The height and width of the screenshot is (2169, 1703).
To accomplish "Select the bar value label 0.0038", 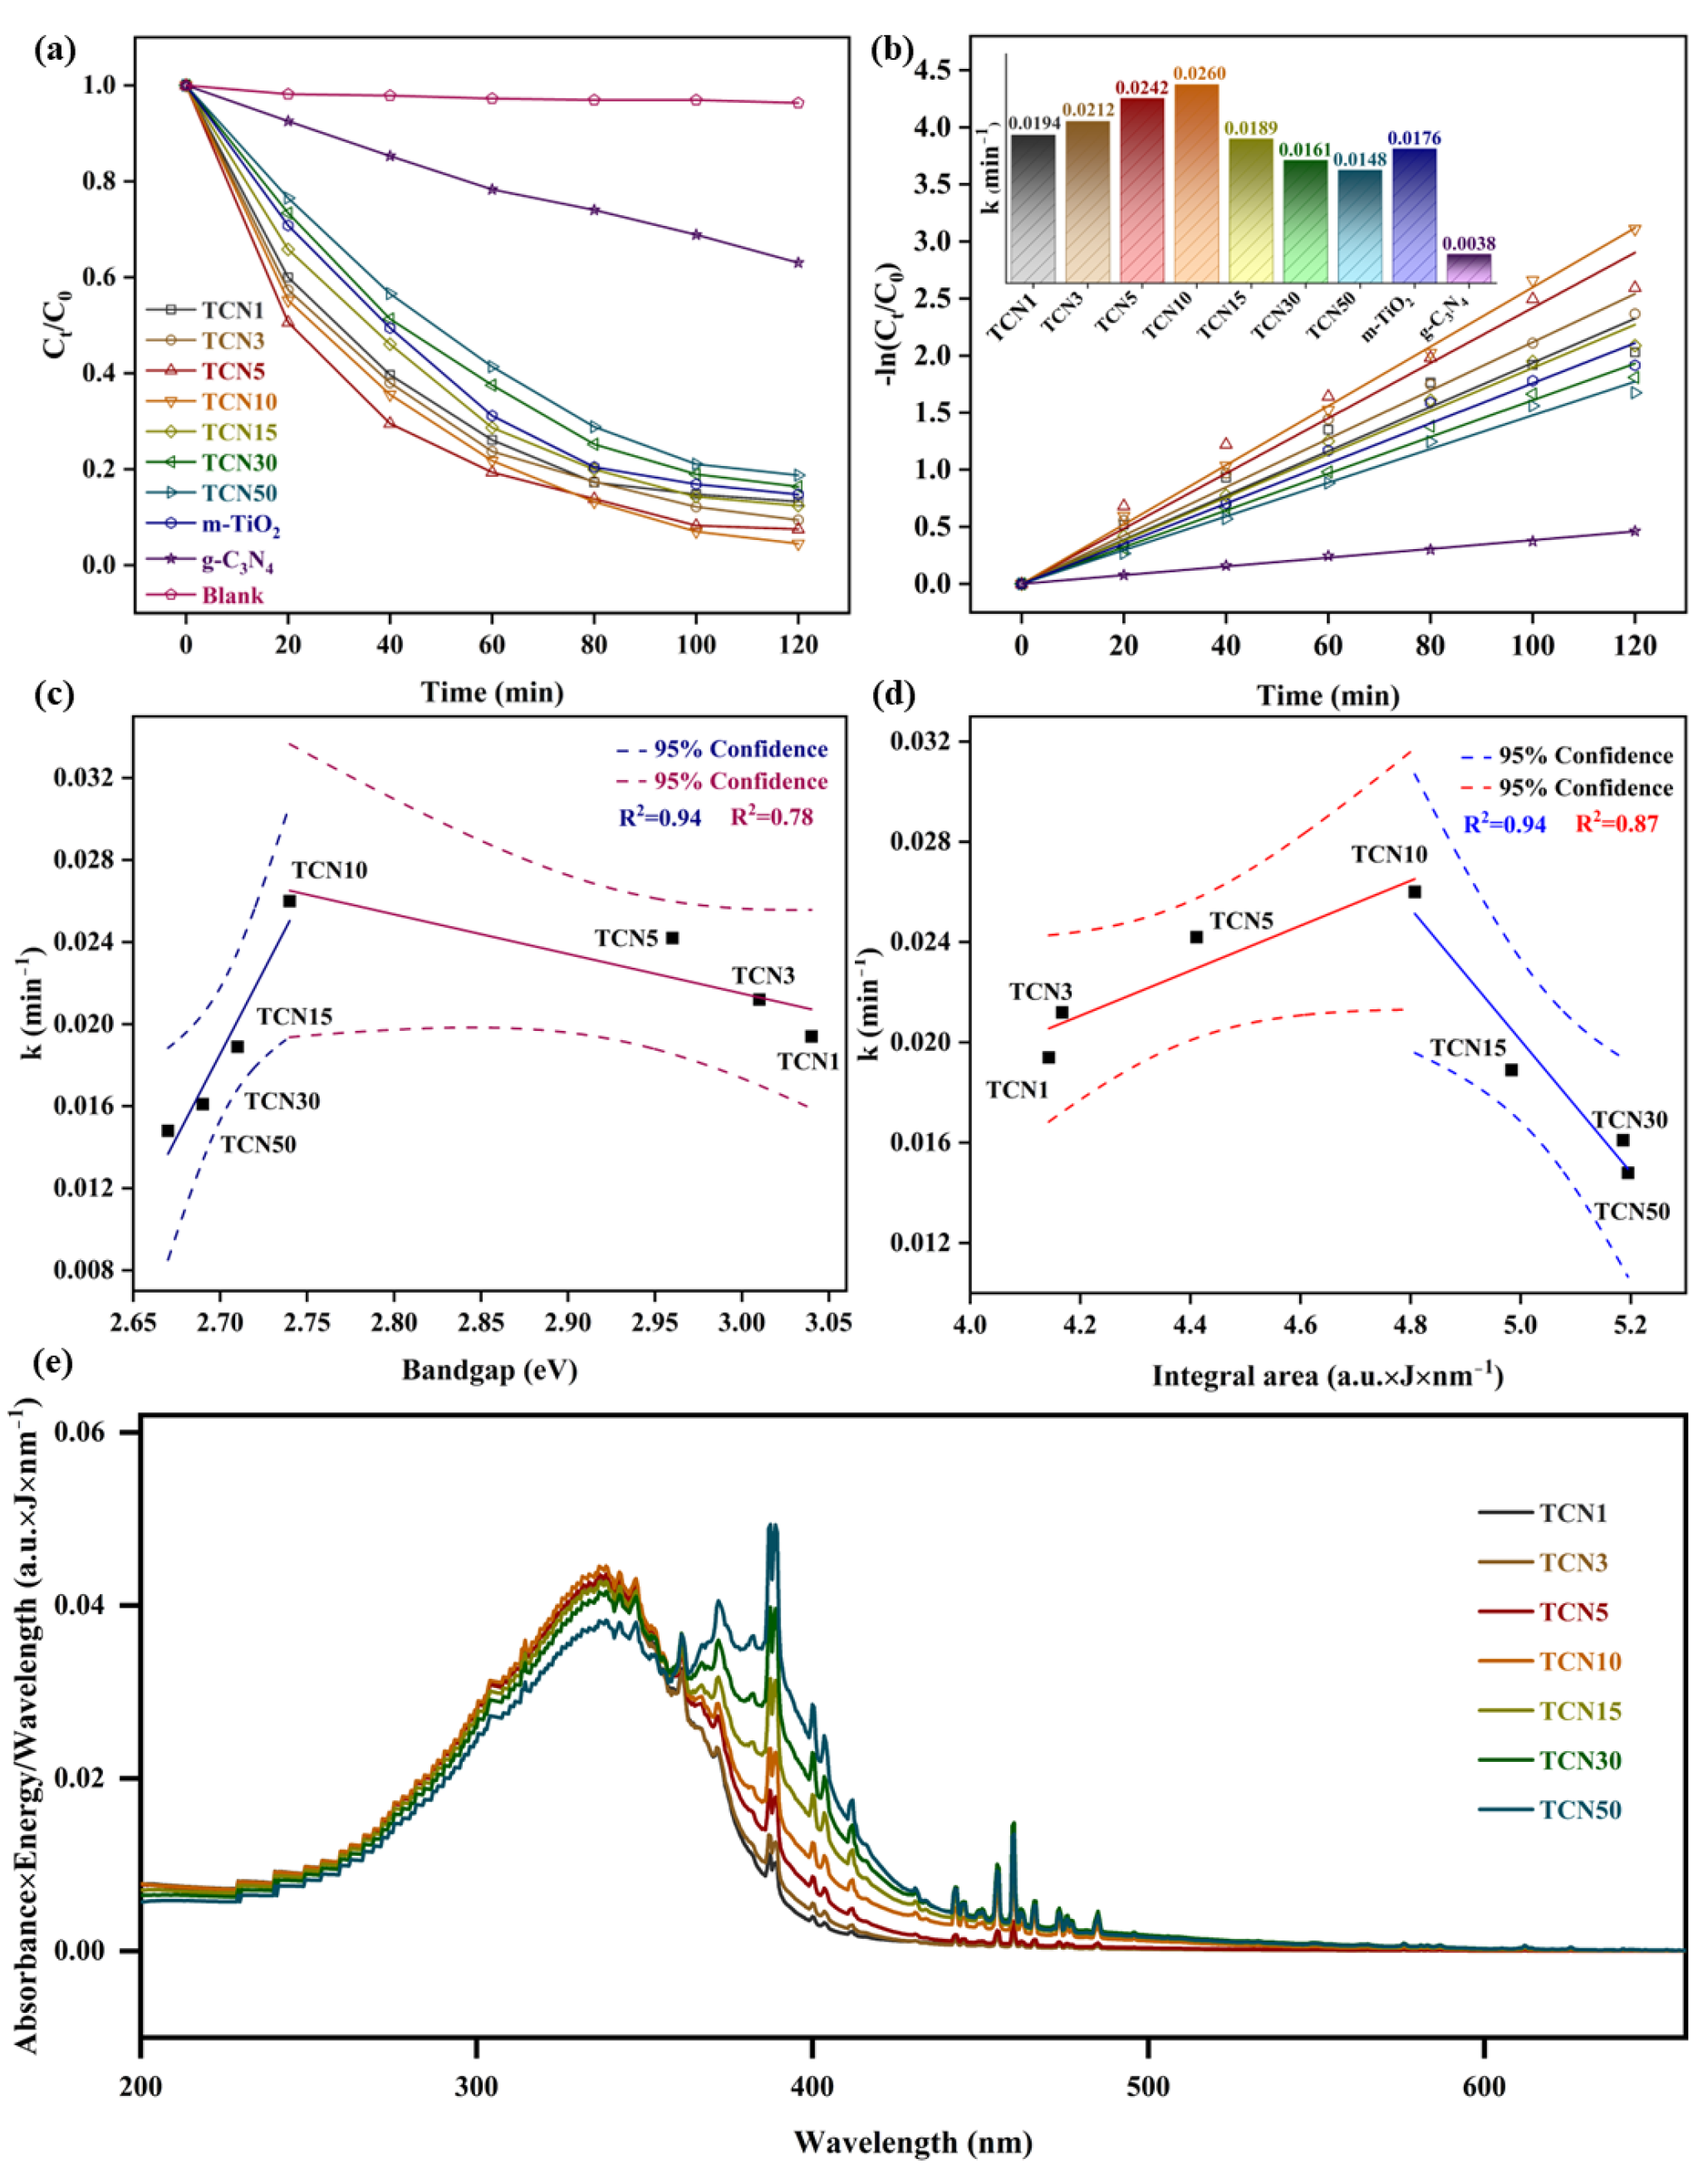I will [x=1469, y=243].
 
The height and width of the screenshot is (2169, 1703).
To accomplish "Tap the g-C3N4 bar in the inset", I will [x=1469, y=269].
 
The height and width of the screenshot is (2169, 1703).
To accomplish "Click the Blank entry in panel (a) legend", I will [x=231, y=596].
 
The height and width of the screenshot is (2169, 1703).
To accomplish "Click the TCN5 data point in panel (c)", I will [x=672, y=938].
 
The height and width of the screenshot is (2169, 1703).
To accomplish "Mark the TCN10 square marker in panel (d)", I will [x=1414, y=892].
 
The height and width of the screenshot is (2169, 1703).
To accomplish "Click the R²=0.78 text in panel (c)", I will [x=772, y=817].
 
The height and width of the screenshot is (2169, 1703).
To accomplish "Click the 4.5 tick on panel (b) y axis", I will [x=942, y=70].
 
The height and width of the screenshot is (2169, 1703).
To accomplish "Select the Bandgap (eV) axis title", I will [x=489, y=1370].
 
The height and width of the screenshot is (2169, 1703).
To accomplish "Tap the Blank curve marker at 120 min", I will [x=798, y=103].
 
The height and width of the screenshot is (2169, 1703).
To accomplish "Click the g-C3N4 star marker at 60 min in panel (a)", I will [x=493, y=189].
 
